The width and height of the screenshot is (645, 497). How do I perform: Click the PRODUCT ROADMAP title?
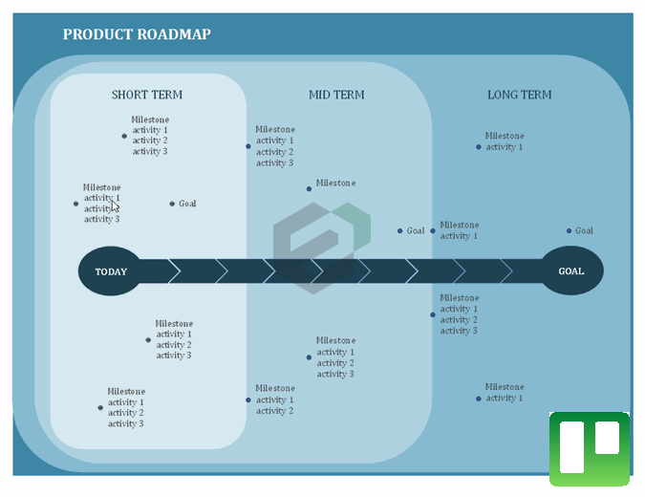137,35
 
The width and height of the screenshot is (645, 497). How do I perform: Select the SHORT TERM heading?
147,95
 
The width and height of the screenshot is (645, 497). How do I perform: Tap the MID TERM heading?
336,95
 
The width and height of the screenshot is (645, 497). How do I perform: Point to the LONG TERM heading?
519,95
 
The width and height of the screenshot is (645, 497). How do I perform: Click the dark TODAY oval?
110,271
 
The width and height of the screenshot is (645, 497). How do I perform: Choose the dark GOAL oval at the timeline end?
570,271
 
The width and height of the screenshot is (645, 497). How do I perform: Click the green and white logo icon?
589,447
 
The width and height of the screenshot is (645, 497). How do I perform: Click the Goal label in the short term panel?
187,204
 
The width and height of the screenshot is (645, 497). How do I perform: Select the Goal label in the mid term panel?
416,230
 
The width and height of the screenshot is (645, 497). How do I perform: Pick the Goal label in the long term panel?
584,230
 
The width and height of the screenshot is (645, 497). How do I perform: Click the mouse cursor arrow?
115,205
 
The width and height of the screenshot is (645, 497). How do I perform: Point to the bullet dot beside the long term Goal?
569,230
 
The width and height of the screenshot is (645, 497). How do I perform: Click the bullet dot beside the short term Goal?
172,204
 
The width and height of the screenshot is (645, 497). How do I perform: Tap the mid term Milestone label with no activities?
335,184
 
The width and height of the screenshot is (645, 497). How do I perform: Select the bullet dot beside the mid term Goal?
400,230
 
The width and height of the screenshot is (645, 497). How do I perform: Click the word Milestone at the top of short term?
150,119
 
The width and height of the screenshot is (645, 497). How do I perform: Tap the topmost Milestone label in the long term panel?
504,136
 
